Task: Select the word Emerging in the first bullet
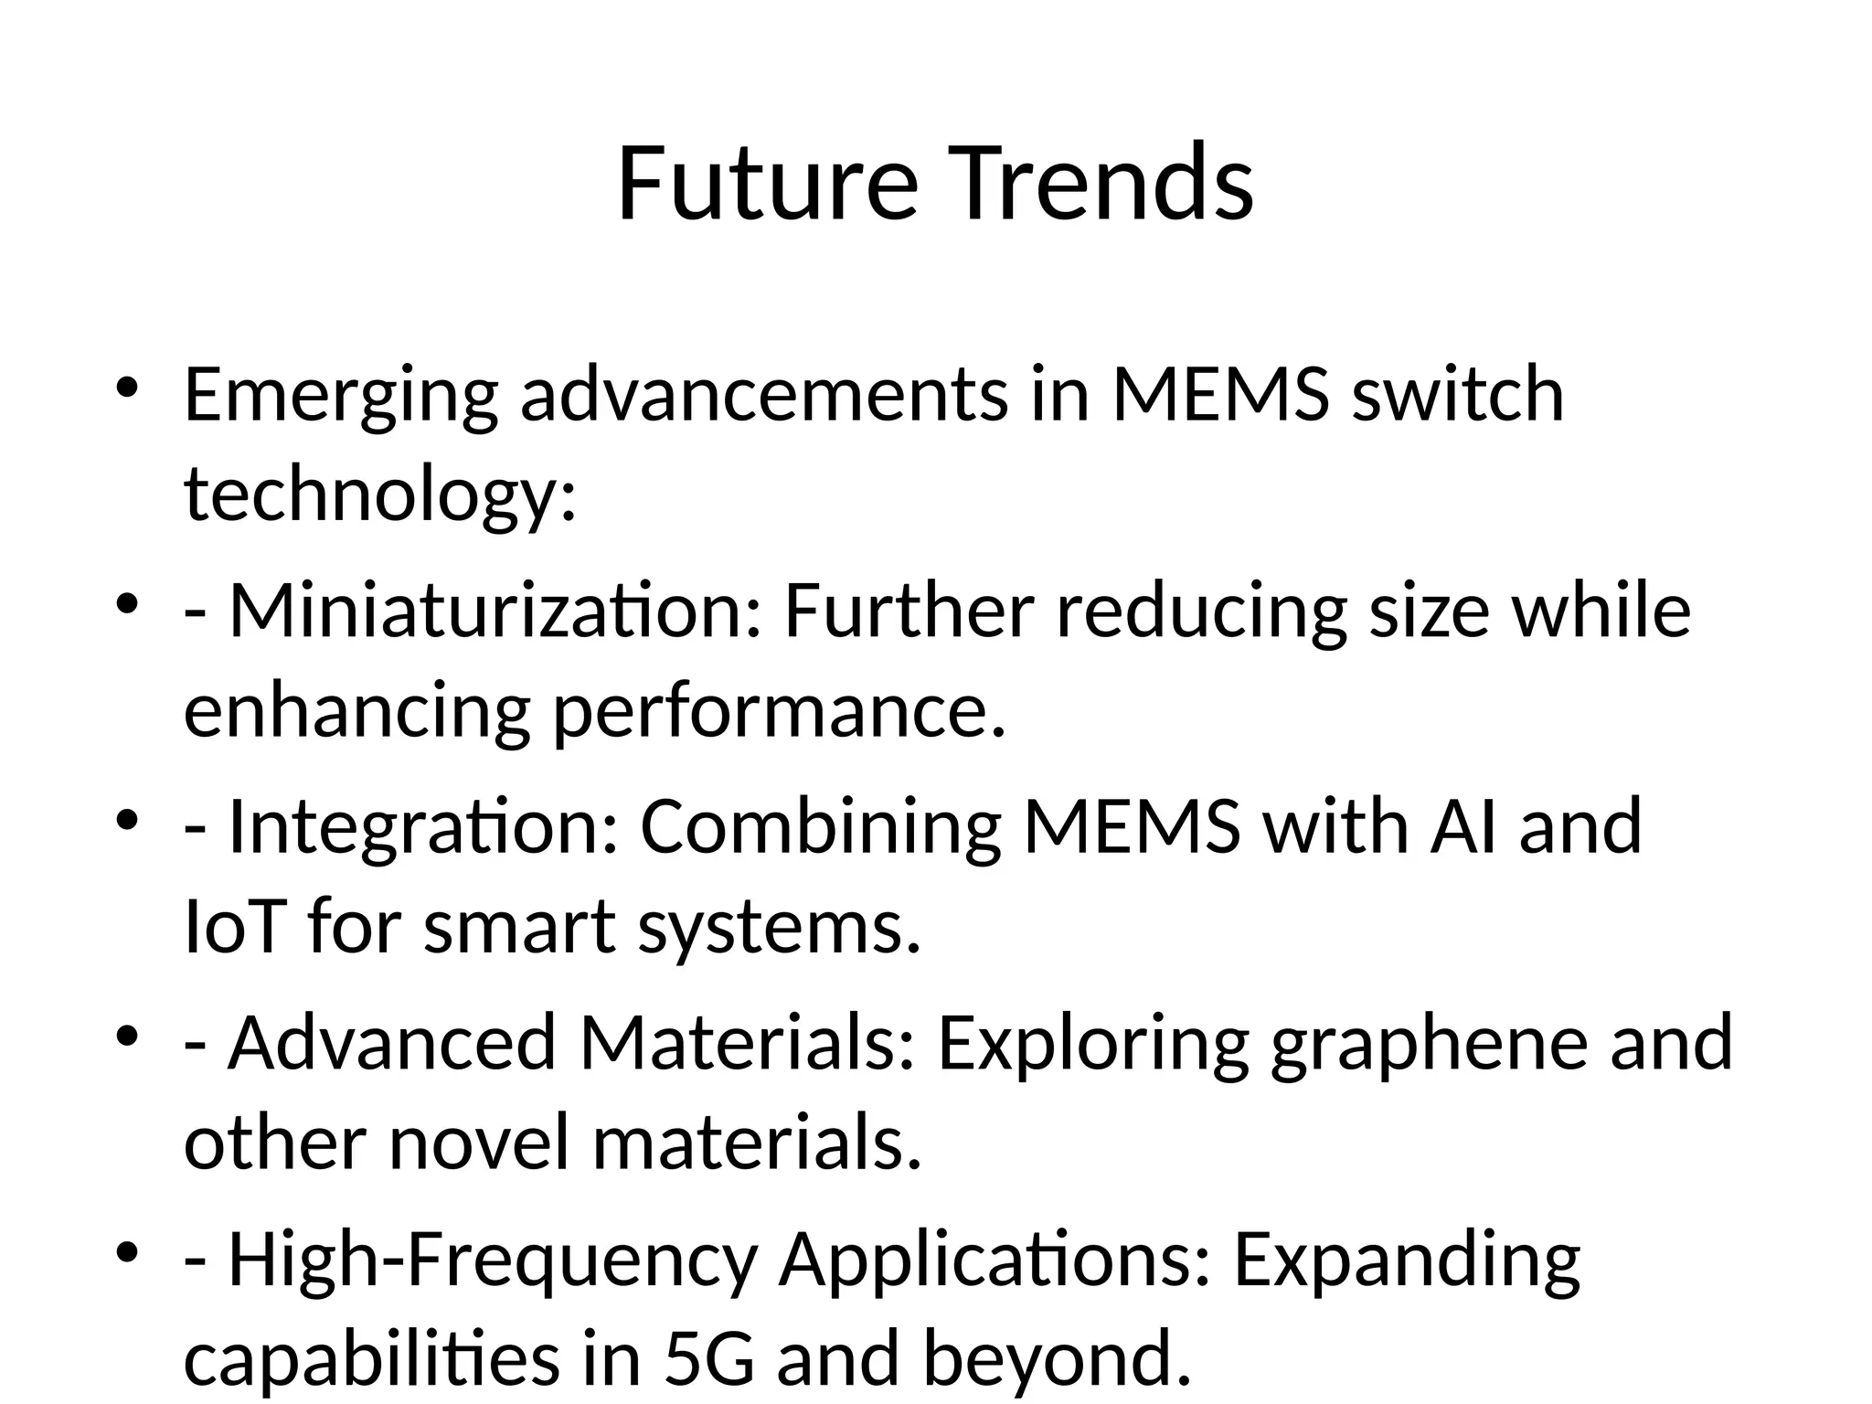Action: [341, 395]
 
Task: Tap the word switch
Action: [1458, 395]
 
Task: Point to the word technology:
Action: [380, 495]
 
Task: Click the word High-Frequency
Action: [492, 1260]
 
